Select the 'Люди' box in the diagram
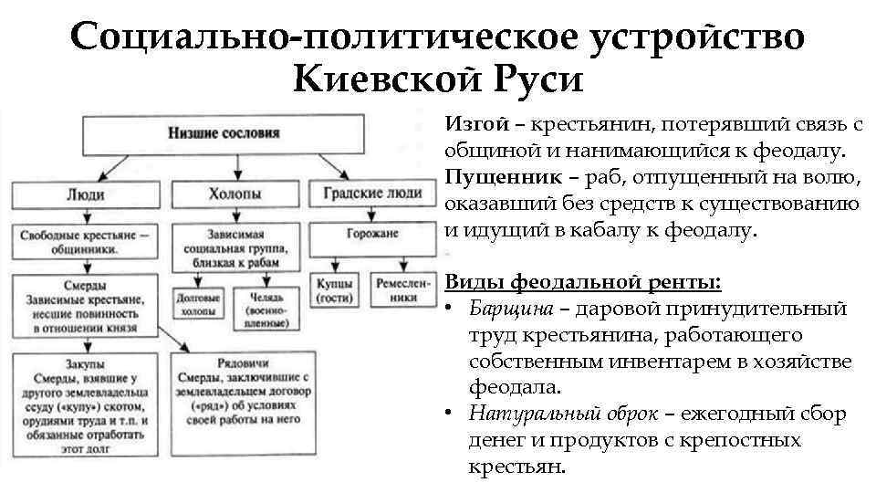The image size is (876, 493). point(86,194)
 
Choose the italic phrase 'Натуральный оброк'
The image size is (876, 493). point(563,414)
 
